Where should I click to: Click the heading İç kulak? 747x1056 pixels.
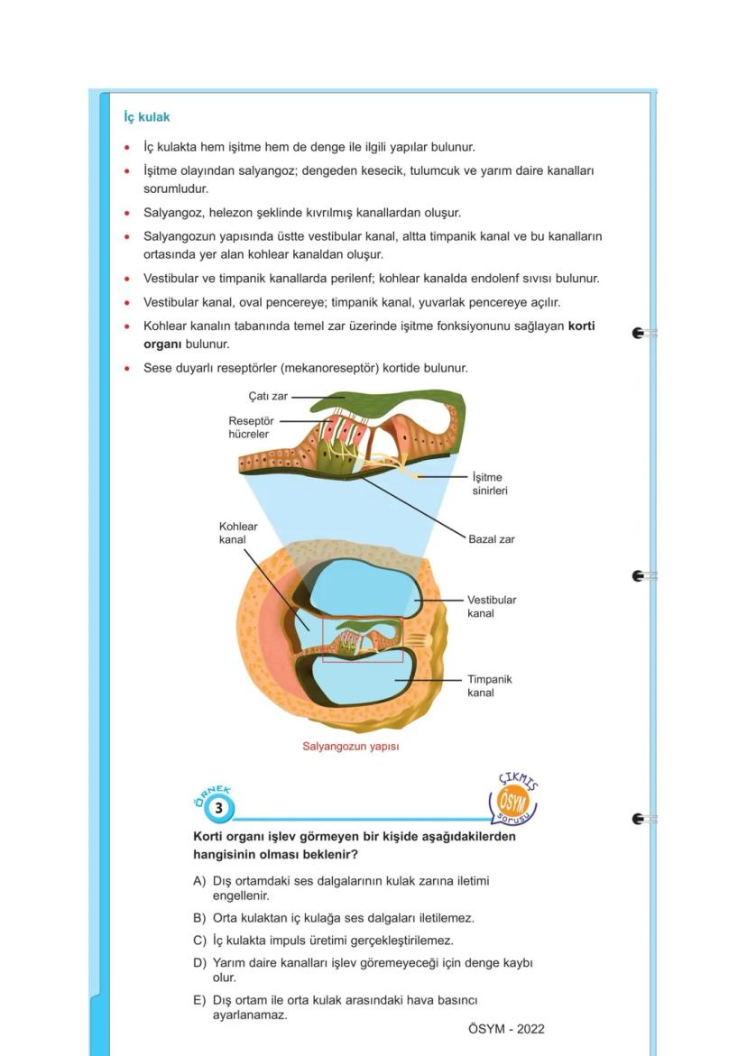pos(146,117)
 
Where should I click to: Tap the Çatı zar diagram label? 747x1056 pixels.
pos(267,396)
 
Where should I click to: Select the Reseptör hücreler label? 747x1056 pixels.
pos(251,427)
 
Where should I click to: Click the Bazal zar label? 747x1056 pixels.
pos(491,539)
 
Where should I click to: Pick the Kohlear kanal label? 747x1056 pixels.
pos(238,533)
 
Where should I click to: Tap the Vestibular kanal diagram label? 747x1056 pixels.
pos(492,606)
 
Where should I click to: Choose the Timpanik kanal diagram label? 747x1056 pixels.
pos(489,685)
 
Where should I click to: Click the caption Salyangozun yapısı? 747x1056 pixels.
pos(351,747)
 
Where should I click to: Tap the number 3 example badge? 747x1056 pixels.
pos(218,808)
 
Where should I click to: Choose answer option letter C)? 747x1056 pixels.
pos(199,941)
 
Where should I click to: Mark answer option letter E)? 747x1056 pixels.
pos(199,1000)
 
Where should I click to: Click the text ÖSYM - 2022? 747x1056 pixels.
pos(506,1029)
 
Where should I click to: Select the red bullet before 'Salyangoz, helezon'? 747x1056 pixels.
pos(127,214)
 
